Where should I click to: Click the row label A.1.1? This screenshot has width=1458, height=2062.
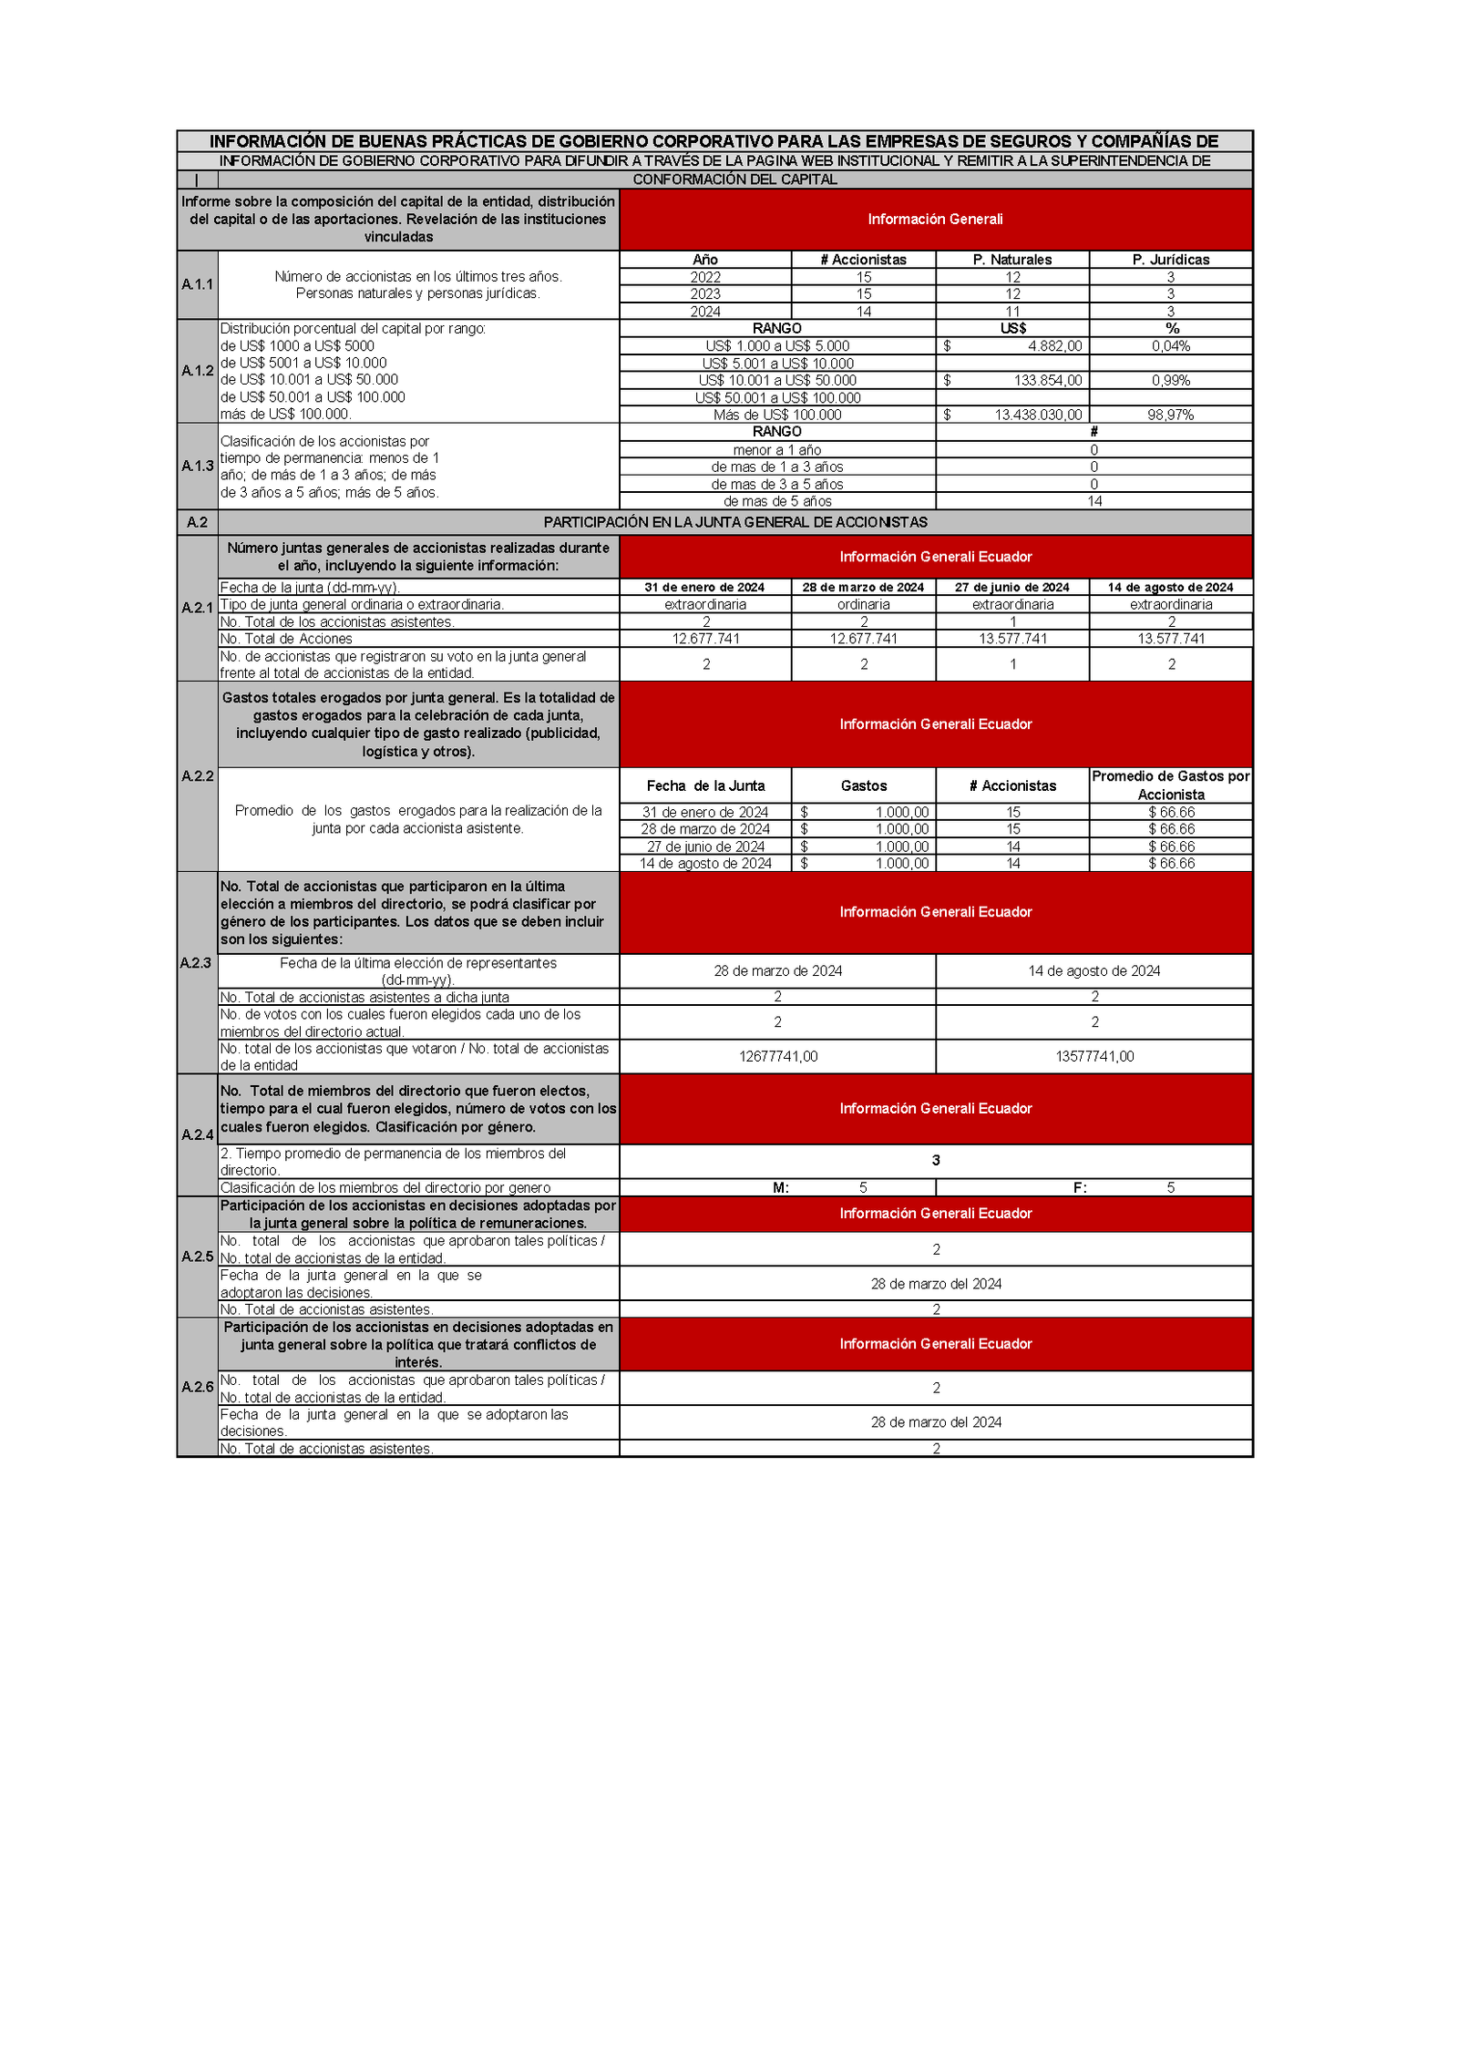(x=197, y=284)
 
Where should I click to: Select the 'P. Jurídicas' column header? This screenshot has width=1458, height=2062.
(x=1170, y=260)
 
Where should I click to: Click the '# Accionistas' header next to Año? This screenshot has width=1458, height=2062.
(x=863, y=260)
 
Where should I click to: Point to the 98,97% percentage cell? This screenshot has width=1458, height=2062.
(x=1170, y=415)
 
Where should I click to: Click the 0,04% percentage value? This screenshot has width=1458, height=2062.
(x=1170, y=346)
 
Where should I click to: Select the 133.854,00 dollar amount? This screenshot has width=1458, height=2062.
(x=1047, y=380)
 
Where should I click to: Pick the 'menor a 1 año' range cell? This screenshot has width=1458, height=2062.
(x=776, y=450)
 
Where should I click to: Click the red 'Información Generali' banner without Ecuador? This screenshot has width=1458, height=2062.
(x=935, y=220)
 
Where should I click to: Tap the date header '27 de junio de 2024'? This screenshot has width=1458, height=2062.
(x=1011, y=588)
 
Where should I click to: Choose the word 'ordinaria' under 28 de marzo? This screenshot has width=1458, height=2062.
(x=863, y=604)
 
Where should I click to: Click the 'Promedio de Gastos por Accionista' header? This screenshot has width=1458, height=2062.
(x=1170, y=785)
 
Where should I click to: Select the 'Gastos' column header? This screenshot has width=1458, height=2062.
(x=863, y=785)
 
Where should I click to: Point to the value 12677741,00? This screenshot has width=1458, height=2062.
(x=777, y=1056)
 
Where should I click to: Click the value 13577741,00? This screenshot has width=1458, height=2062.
(x=1093, y=1056)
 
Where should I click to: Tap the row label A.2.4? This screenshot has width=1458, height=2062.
(x=197, y=1134)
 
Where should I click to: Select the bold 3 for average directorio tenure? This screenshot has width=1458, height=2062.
(x=935, y=1160)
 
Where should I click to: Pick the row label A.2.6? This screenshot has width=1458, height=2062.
(x=197, y=1387)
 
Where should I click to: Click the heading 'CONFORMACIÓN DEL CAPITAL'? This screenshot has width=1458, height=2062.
(x=734, y=180)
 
